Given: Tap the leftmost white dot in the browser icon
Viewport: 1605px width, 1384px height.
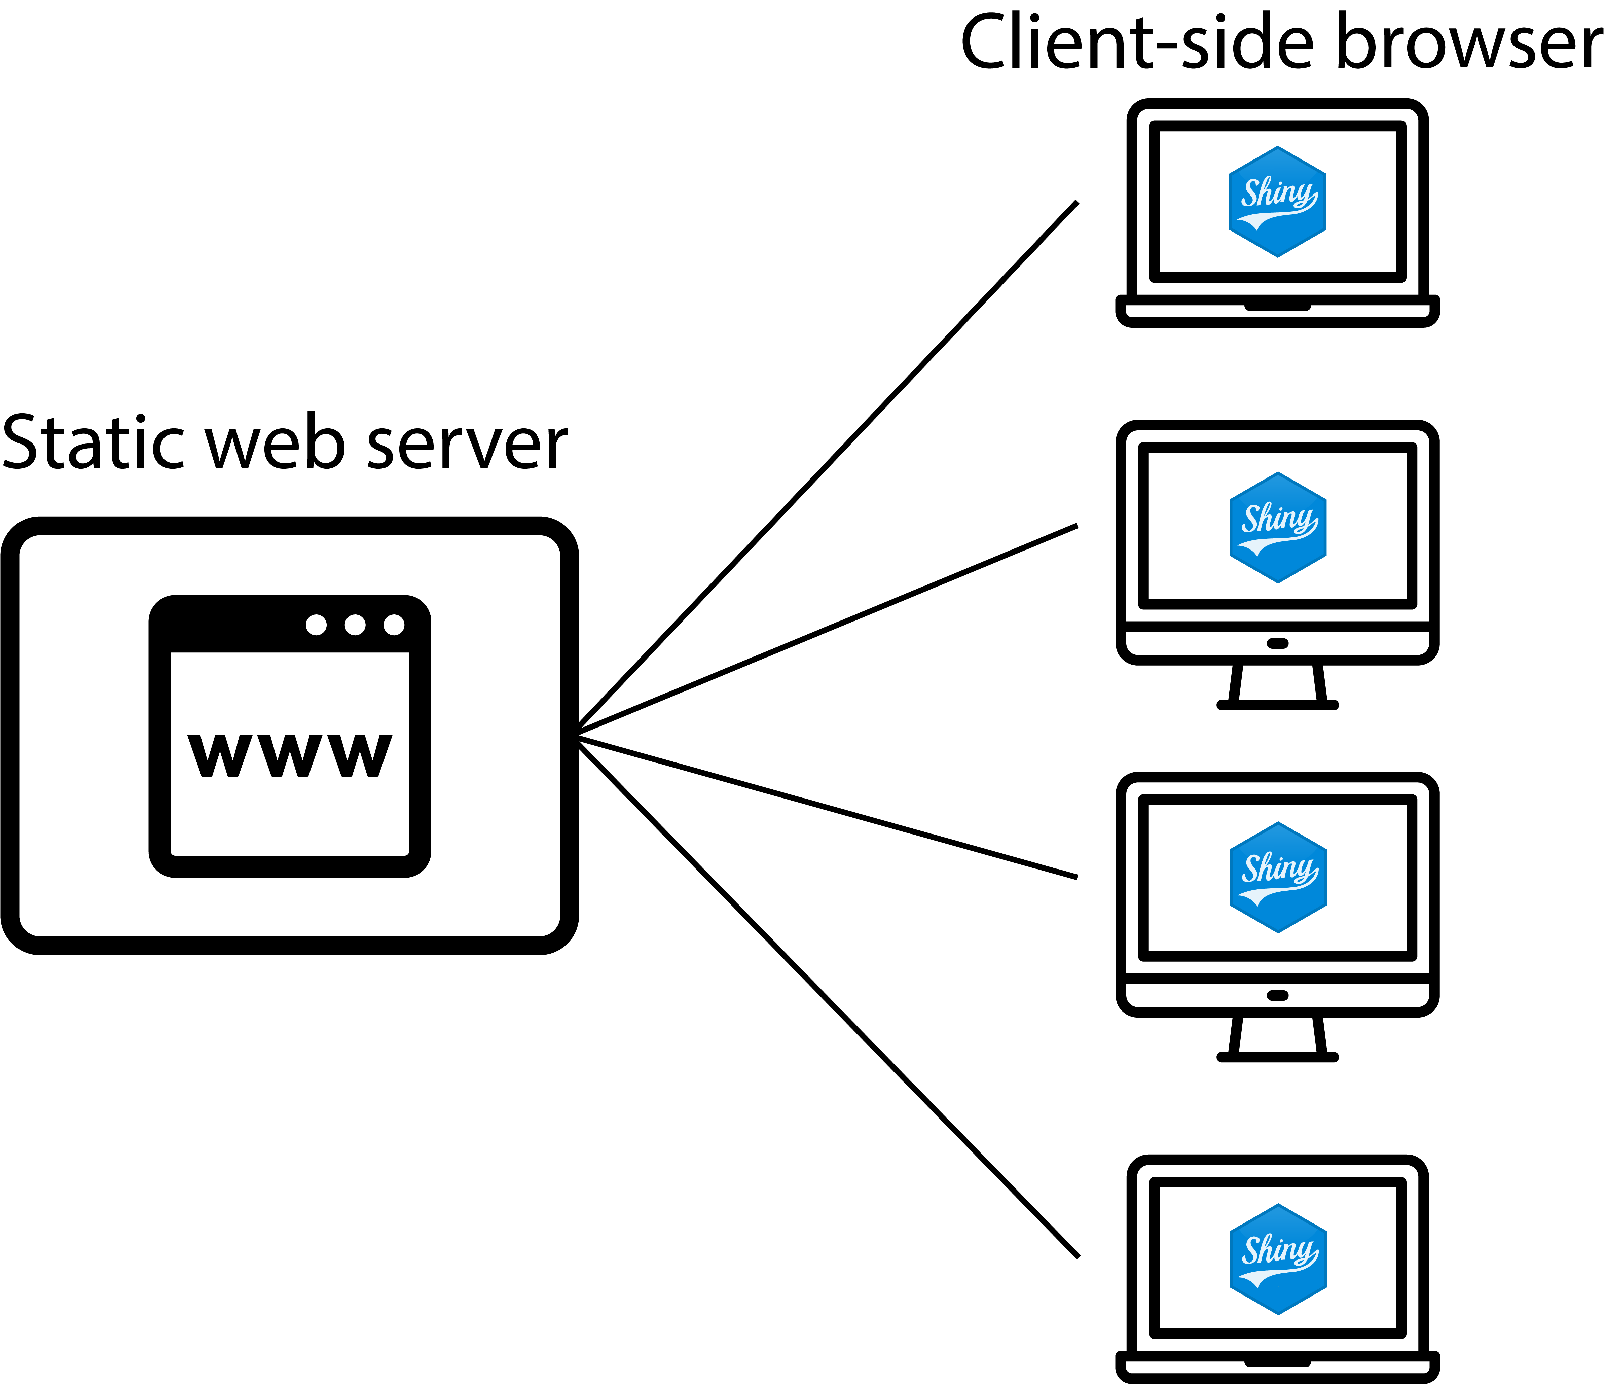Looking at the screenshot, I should click(316, 625).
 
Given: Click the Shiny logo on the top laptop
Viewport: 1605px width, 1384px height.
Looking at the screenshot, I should click(1277, 202).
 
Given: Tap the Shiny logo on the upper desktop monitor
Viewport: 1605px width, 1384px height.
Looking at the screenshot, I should click(1277, 527).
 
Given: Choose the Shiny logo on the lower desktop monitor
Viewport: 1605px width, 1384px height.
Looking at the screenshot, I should click(1277, 877).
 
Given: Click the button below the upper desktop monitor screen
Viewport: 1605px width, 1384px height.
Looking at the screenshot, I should click(1277, 643).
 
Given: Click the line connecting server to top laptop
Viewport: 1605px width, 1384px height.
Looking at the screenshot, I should click(829, 465).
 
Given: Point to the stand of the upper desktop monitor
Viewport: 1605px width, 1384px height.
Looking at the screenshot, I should click(1277, 686).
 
